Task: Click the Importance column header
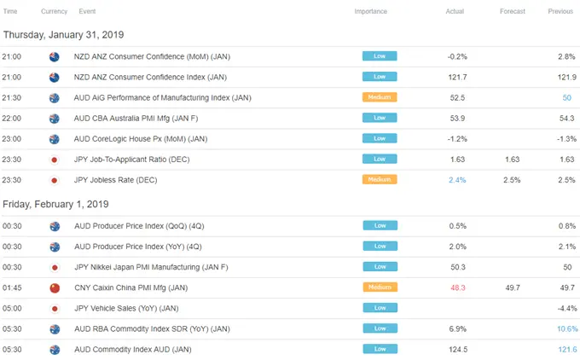coord(371,11)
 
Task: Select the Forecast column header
coord(513,11)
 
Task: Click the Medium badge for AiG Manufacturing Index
coord(380,97)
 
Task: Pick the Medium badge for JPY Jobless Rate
coord(380,180)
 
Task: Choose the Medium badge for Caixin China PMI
coord(380,287)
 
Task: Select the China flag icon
coord(54,287)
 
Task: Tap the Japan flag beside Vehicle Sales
coord(54,308)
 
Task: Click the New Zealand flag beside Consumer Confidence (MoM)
coord(54,56)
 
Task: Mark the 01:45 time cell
coord(13,287)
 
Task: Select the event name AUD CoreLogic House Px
coord(140,138)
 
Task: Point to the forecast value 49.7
coord(513,287)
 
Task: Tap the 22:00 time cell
coord(13,118)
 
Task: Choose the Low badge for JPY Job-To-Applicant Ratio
coord(380,160)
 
